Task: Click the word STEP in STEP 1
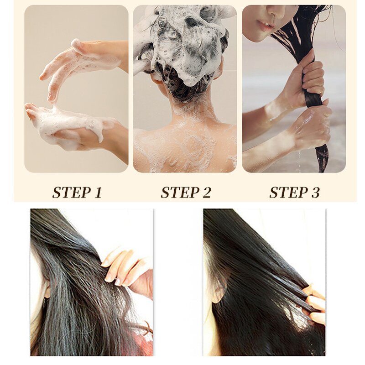tap(69, 192)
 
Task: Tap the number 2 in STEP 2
tap(206, 192)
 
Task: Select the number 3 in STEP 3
tap(315, 192)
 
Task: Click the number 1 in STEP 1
tap(97, 192)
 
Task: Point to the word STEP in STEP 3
tap(286, 192)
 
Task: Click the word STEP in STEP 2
tap(177, 192)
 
